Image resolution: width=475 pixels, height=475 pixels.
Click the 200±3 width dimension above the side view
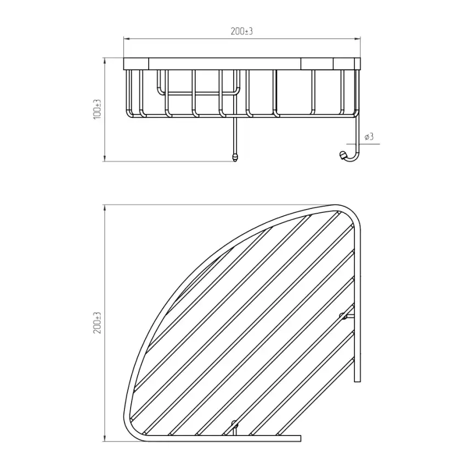[x=241, y=31]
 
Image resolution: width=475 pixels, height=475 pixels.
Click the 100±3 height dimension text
[x=98, y=109]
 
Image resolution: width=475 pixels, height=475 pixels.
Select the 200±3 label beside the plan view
[x=98, y=323]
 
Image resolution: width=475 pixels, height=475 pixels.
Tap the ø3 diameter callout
[x=369, y=137]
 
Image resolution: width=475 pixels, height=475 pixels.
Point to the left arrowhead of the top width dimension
[x=127, y=39]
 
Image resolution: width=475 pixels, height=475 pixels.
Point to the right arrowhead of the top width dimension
[x=358, y=39]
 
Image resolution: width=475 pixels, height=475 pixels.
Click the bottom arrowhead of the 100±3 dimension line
[x=105, y=158]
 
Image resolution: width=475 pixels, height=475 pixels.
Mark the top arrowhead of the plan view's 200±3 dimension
[x=105, y=208]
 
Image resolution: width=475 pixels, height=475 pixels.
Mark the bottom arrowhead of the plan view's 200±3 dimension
[x=105, y=438]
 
